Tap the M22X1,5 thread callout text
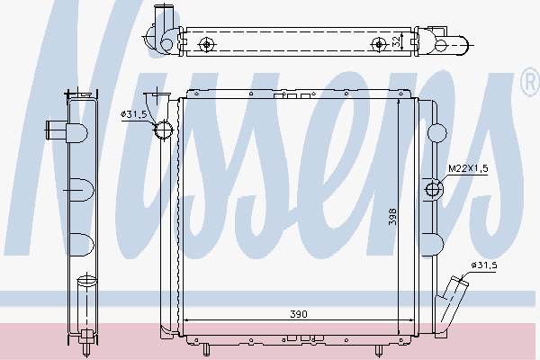click(x=467, y=168)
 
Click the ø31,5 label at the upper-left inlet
click(x=133, y=114)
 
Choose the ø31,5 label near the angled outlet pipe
click(x=482, y=265)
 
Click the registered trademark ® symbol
click(x=526, y=85)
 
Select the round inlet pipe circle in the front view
click(x=164, y=131)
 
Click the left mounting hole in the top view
click(x=208, y=43)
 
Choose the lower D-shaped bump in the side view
click(x=78, y=242)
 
